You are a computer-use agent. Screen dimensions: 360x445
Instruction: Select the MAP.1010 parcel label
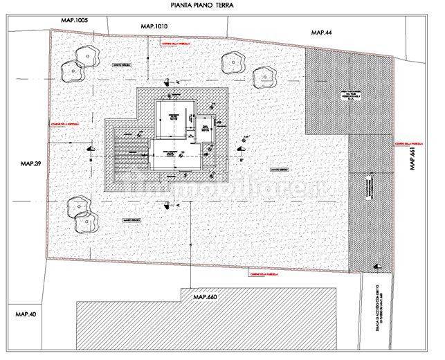point(154,26)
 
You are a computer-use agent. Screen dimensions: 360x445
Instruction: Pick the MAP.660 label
point(205,297)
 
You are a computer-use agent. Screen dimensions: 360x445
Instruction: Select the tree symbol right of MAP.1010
point(234,62)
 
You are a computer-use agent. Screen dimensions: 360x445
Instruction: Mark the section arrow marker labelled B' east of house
point(241,147)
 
